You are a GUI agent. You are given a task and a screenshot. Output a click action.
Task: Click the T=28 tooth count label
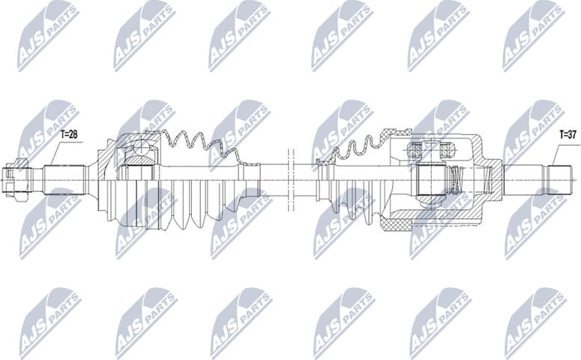coord(69,135)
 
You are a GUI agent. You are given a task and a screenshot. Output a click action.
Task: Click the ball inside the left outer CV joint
coord(138,153)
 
